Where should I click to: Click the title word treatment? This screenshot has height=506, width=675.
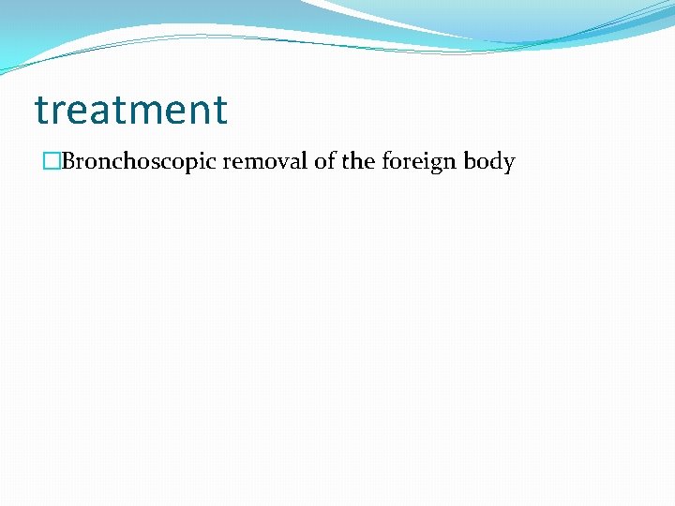[131, 110]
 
